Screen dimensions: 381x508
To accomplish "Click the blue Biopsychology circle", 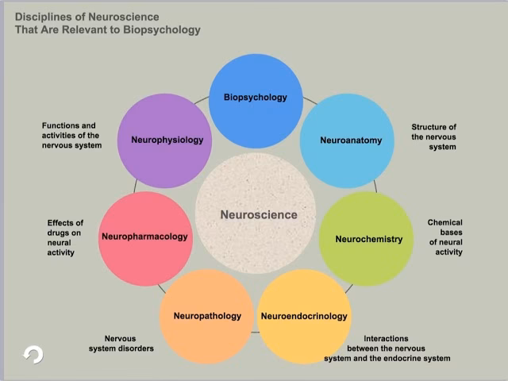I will [255, 99].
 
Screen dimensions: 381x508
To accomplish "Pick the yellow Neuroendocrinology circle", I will [305, 316].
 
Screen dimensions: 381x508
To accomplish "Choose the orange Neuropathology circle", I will [206, 316].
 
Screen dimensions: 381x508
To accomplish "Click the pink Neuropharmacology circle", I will [145, 237].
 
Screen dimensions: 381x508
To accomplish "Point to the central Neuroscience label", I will [259, 214].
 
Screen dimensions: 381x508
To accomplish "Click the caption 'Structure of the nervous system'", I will [433, 137].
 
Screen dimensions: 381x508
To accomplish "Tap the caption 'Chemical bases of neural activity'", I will [445, 237].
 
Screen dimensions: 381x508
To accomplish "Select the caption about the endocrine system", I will [387, 348].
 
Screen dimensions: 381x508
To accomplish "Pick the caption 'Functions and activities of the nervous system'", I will [71, 135].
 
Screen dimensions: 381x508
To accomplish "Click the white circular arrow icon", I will [33, 354].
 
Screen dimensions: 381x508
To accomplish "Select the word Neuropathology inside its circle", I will [207, 316].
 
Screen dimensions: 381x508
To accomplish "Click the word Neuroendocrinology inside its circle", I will [304, 316].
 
